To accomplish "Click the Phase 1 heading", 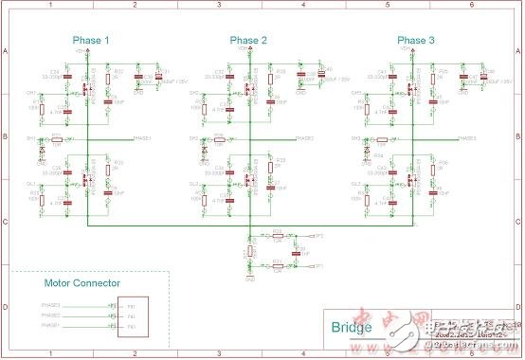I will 92,41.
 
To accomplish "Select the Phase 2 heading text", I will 248,41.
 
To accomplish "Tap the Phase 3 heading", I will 412,41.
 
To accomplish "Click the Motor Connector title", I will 82,282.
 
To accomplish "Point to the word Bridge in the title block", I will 352,328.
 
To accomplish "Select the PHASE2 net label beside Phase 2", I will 306,138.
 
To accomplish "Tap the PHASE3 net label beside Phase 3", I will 467,138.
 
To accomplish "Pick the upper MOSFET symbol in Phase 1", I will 88,92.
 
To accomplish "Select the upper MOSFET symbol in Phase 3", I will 411,92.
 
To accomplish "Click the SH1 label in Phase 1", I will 31,138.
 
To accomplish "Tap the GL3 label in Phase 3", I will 356,184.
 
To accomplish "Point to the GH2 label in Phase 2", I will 193,93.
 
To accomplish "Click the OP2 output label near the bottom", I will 319,234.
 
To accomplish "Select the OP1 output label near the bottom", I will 319,267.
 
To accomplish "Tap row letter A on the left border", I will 5,52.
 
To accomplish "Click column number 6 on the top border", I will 471,5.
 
